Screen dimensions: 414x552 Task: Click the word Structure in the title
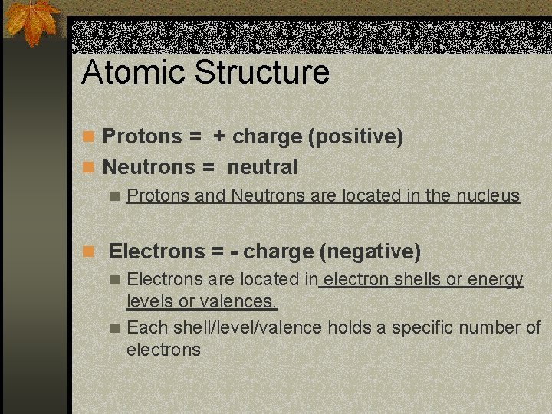(x=262, y=73)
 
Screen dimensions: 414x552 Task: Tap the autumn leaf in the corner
(x=32, y=22)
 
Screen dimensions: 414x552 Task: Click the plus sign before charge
(x=219, y=136)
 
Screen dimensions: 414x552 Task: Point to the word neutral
(x=262, y=166)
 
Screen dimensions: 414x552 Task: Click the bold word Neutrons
(x=149, y=166)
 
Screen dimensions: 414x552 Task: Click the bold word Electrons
(x=156, y=251)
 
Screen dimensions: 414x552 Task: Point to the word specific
(x=422, y=327)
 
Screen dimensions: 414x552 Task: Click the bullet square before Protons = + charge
(x=89, y=137)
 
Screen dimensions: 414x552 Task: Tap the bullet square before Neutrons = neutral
(x=89, y=167)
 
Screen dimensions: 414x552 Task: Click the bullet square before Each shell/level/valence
(x=115, y=328)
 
